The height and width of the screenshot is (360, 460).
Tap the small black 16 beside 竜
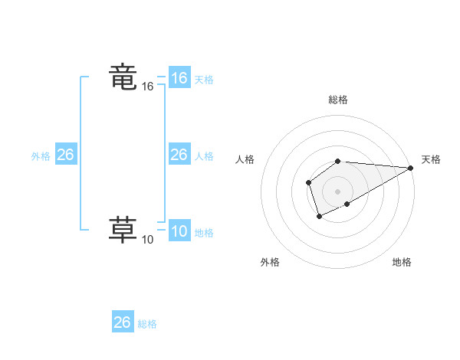click(x=148, y=87)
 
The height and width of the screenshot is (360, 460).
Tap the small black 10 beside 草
click(x=148, y=240)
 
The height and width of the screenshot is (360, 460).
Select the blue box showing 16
click(x=179, y=78)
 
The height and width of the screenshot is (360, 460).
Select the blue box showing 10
click(x=179, y=231)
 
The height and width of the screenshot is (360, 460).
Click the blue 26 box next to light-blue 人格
click(x=179, y=155)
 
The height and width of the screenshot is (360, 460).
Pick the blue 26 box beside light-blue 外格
click(x=65, y=155)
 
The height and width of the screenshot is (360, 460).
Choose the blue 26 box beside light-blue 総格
click(x=122, y=322)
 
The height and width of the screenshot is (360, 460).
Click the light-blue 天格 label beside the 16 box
click(x=204, y=80)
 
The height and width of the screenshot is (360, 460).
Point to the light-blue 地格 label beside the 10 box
click(x=204, y=233)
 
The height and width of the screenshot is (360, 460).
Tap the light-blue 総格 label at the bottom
click(x=147, y=324)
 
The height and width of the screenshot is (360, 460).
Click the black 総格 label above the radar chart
click(x=338, y=100)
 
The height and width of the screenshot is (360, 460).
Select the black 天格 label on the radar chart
click(x=431, y=159)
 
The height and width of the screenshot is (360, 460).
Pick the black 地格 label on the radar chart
click(x=402, y=262)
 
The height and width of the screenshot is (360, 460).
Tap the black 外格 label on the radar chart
click(x=270, y=262)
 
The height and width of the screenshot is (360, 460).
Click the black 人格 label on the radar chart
click(x=245, y=159)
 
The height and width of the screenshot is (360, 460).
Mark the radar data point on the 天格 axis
click(x=411, y=168)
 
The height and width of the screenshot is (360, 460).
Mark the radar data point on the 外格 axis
click(x=319, y=218)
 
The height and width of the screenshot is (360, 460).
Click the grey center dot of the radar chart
click(x=338, y=191)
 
